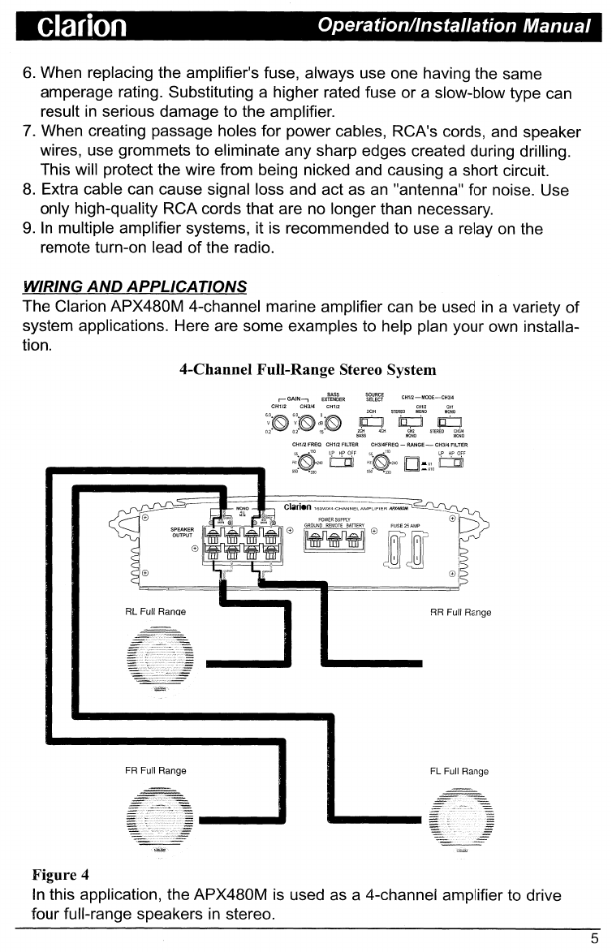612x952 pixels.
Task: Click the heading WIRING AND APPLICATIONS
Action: (135, 286)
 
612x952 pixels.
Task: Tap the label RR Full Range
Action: (459, 612)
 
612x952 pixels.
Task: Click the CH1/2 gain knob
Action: (281, 423)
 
